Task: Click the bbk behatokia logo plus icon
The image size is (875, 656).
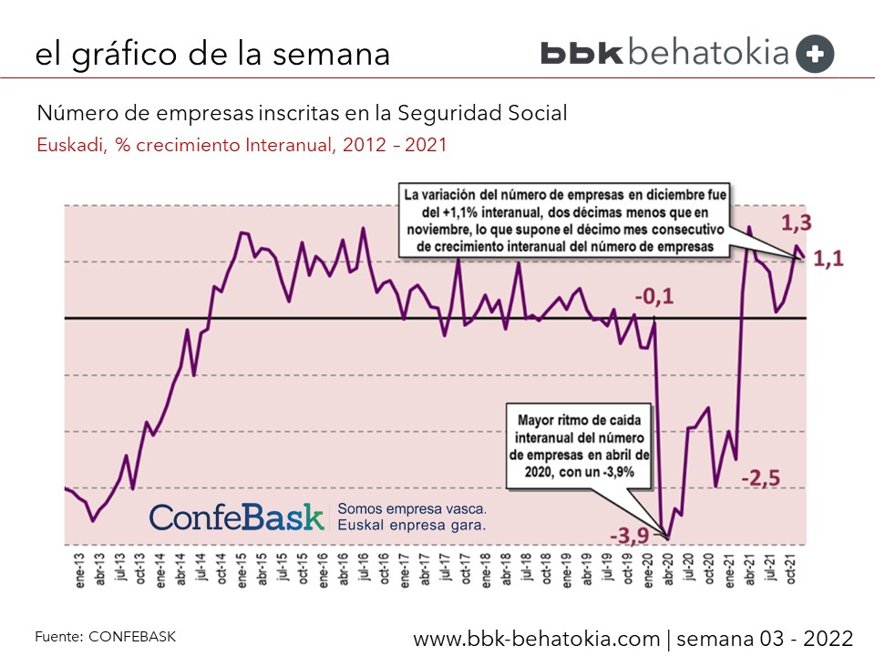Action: point(815,54)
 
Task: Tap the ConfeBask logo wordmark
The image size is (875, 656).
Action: point(237,517)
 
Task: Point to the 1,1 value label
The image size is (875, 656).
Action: point(828,259)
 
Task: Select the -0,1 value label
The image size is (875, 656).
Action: point(654,296)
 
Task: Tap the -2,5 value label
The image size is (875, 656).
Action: point(759,478)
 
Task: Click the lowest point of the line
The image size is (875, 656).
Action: point(668,538)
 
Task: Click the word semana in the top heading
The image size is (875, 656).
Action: point(337,54)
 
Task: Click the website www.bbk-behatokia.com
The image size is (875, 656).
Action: point(537,637)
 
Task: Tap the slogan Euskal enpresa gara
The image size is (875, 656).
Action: point(410,526)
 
